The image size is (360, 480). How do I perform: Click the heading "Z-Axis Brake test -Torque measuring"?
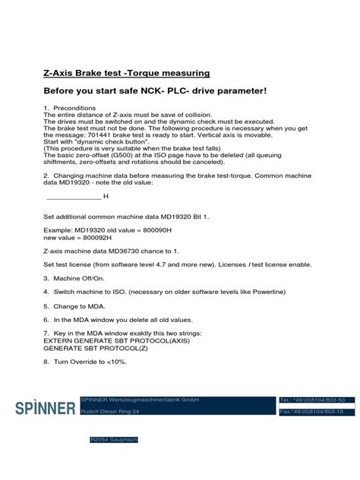(x=126, y=73)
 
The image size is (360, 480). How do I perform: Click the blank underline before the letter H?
(x=73, y=196)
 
